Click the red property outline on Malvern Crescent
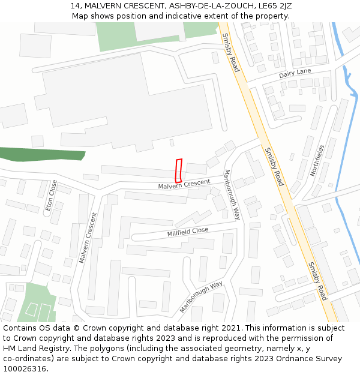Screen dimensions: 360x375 coord(178,170)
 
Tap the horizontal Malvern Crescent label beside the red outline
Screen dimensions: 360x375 coord(184,184)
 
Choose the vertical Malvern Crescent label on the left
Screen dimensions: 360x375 coord(88,238)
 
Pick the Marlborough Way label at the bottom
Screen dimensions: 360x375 coord(201,296)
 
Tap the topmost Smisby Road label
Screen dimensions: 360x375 coord(231,52)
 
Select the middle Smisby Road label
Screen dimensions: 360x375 coord(274,166)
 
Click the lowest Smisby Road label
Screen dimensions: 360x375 coord(317,281)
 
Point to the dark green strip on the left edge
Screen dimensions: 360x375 coord(42,154)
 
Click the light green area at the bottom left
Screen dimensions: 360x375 coord(36,303)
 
